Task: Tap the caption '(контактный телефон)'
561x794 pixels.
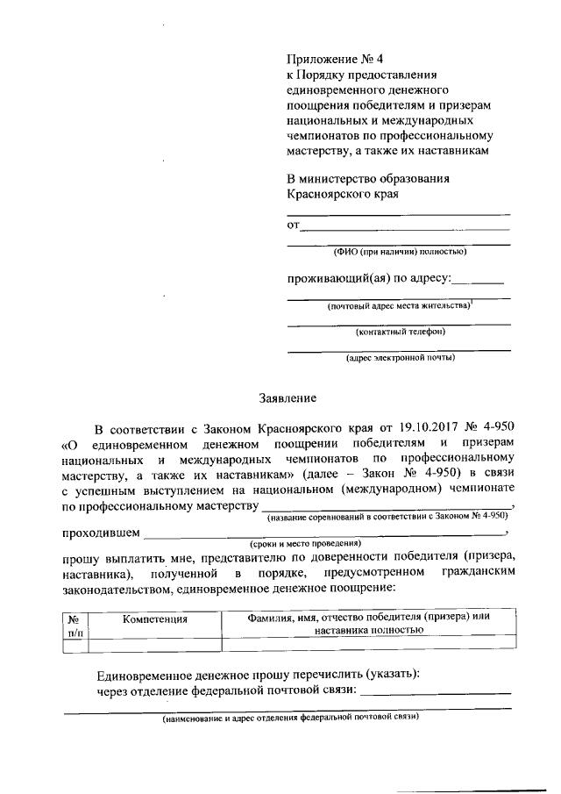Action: click(x=400, y=332)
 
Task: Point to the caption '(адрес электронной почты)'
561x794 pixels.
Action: click(x=400, y=358)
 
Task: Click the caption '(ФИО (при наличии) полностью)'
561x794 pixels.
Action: click(x=400, y=252)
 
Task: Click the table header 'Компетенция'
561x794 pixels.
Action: click(x=155, y=619)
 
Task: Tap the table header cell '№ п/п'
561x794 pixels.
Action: click(x=74, y=624)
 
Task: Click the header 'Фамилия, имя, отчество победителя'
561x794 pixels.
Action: click(x=366, y=617)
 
